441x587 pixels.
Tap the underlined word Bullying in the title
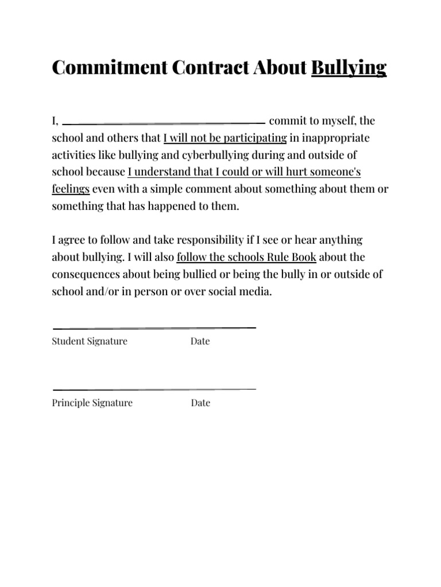(x=349, y=68)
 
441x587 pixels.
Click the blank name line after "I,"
(x=163, y=123)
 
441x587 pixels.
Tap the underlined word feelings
(x=71, y=189)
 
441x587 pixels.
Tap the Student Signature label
(x=90, y=342)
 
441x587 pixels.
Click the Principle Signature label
(x=92, y=403)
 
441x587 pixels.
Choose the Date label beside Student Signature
(x=200, y=342)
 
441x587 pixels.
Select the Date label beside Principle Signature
(x=200, y=403)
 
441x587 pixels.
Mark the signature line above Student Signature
(x=154, y=328)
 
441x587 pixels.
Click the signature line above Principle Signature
(x=154, y=390)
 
